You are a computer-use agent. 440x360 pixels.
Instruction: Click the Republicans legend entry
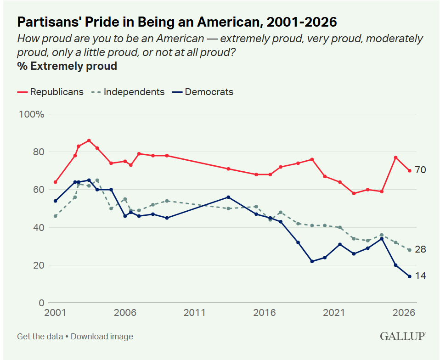51,92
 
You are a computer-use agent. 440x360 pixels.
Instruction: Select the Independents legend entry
128,92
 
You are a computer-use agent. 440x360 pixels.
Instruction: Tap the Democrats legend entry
203,92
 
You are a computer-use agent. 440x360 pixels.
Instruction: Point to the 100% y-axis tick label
31,114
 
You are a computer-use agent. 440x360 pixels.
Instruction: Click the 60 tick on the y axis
39,190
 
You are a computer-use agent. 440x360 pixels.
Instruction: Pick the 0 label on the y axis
41,303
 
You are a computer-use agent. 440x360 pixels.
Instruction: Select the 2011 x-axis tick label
194,313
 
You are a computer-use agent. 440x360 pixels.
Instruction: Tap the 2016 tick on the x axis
265,313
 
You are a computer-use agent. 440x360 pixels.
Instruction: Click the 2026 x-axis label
404,313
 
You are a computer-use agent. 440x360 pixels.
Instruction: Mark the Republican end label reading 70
420,170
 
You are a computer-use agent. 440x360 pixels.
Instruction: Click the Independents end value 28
420,249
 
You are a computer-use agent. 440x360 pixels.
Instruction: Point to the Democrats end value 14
420,276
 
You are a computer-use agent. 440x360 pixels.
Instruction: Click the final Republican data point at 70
409,171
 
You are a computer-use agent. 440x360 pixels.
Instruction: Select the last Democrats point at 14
409,276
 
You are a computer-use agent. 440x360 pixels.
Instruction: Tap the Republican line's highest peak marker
89,141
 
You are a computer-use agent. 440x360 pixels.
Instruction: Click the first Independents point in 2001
55,216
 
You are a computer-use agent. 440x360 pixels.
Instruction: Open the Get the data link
40,337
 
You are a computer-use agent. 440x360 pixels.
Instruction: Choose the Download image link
102,337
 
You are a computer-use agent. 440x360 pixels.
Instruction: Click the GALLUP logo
403,336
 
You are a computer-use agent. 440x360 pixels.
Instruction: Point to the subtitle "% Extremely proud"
67,66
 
